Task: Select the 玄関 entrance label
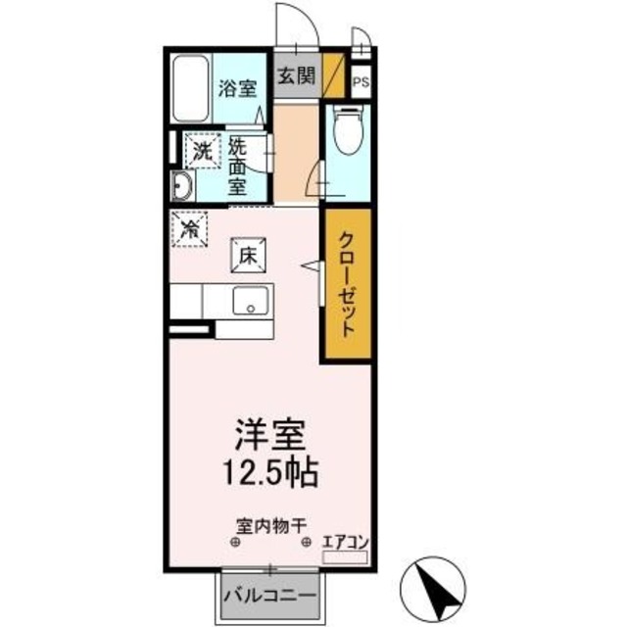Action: coord(294,77)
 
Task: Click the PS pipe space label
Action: coord(361,82)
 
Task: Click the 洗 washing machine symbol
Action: coord(202,151)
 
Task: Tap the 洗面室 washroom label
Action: coord(239,165)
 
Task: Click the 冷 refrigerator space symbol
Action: coord(189,230)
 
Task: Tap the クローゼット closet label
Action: coord(348,283)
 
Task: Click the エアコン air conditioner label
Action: coord(345,541)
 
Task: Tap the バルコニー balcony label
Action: coord(268,596)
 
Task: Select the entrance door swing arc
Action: coord(294,20)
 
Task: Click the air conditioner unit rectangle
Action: coord(345,556)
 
